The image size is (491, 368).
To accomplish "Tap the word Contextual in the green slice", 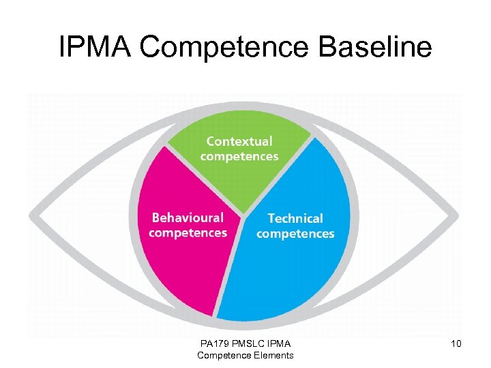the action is [x=239, y=142].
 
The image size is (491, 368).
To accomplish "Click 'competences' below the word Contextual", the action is [x=239, y=157].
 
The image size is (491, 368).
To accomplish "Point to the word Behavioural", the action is [x=188, y=218].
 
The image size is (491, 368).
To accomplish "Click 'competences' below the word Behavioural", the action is [x=188, y=233].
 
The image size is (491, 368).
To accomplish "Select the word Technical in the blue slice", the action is [x=295, y=219].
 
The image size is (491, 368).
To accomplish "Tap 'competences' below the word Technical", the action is [x=295, y=234].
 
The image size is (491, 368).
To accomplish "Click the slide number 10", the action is [x=456, y=344].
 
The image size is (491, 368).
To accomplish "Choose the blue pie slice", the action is [x=300, y=273].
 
